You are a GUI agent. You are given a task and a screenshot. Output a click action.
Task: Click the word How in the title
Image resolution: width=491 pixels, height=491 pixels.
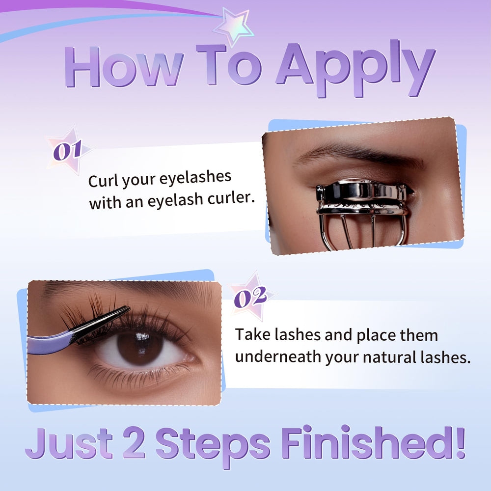[124, 67]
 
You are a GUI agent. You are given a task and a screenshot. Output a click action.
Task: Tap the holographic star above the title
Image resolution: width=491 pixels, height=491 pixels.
[233, 27]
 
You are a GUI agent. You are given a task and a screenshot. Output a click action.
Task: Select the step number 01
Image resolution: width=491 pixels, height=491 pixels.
[68, 150]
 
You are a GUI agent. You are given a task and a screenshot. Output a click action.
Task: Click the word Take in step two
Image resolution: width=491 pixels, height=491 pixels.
[252, 334]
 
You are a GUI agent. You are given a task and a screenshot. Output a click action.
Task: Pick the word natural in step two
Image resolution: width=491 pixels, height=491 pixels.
[389, 356]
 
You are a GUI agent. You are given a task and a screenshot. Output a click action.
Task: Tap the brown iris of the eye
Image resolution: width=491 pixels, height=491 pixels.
[140, 347]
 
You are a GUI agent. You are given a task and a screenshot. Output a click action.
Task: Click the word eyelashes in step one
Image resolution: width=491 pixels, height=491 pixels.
[195, 178]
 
